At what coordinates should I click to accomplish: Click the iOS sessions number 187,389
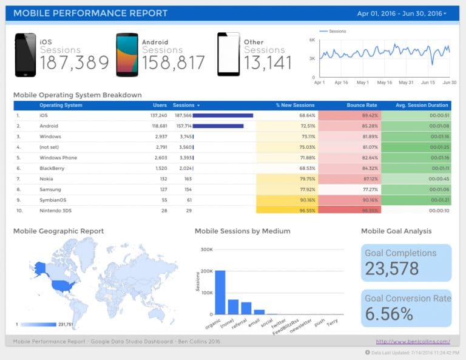click(75, 63)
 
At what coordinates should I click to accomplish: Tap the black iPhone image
click(25, 55)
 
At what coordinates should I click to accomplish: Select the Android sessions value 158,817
click(174, 63)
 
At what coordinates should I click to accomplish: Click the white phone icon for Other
click(228, 55)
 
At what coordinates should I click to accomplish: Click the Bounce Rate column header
click(362, 105)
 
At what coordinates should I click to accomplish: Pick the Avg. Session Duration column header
click(422, 105)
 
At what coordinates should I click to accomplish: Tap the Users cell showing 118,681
click(159, 126)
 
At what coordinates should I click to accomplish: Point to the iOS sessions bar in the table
click(223, 115)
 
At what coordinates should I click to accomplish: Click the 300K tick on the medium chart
click(206, 249)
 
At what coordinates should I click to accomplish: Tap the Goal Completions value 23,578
click(392, 268)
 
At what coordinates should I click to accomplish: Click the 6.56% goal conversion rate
click(389, 314)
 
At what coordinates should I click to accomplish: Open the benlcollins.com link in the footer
click(413, 341)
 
